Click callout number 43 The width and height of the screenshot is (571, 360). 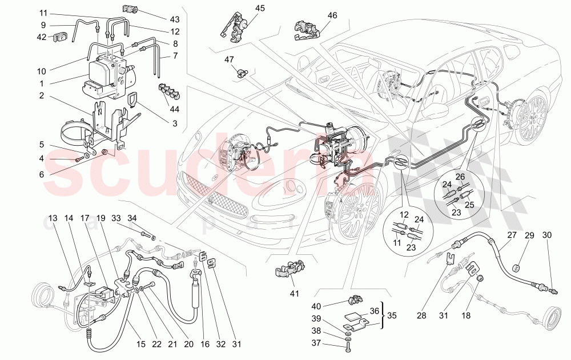158,19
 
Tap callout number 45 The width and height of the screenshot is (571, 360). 260,9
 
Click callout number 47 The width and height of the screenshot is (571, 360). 229,59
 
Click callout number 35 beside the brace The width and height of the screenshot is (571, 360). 392,315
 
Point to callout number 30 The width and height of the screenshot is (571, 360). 546,235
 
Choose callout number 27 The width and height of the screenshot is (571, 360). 511,235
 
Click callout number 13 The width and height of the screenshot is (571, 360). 52,218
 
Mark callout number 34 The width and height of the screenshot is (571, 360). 132,218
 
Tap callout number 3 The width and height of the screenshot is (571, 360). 175,123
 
